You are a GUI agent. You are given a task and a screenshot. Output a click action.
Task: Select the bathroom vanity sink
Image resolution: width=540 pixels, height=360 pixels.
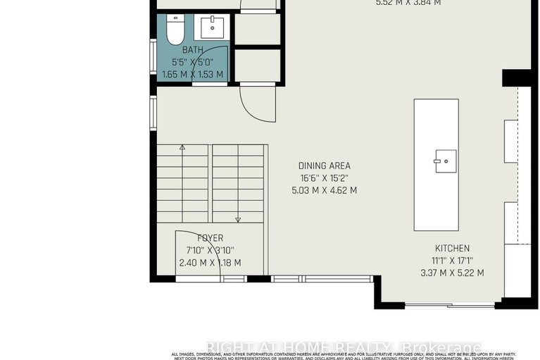click(x=213, y=28)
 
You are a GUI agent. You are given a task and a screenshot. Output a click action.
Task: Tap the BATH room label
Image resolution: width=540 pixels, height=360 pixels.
click(x=192, y=50)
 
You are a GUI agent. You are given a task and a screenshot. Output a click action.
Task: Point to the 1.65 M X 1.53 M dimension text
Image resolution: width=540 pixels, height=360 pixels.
click(x=192, y=74)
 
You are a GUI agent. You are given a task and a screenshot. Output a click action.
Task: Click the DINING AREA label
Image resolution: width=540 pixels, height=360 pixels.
click(x=324, y=166)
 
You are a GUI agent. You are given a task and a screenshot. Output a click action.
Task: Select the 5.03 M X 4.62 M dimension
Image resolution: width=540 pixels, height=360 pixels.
click(x=324, y=190)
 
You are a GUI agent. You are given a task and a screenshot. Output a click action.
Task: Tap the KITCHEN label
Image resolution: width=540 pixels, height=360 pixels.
click(x=451, y=248)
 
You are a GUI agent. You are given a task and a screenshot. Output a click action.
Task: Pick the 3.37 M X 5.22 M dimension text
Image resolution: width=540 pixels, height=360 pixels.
click(x=451, y=273)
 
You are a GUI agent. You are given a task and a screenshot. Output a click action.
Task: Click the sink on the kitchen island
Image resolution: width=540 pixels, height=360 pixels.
click(x=445, y=161)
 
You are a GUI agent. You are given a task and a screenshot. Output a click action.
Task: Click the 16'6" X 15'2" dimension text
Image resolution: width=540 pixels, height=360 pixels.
click(x=324, y=178)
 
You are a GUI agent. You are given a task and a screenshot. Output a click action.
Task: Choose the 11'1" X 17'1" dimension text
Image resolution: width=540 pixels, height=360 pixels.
click(x=451, y=261)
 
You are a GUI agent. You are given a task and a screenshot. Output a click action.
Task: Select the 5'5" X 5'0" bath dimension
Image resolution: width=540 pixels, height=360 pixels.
click(x=192, y=62)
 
